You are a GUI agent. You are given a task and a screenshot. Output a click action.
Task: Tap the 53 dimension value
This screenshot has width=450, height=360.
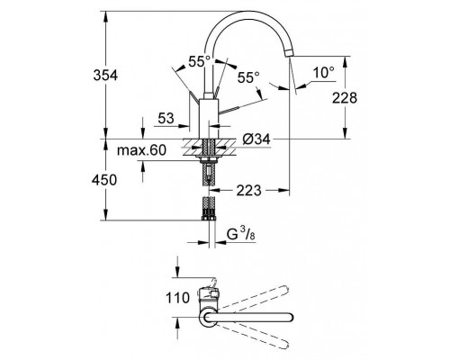pyautogui.click(x=166, y=117)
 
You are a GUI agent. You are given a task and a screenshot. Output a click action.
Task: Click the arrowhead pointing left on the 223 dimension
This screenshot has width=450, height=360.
pyautogui.click(x=215, y=191)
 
